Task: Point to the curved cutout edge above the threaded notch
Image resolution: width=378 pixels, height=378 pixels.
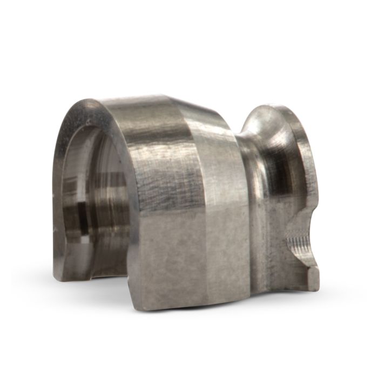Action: tap(302, 216)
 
